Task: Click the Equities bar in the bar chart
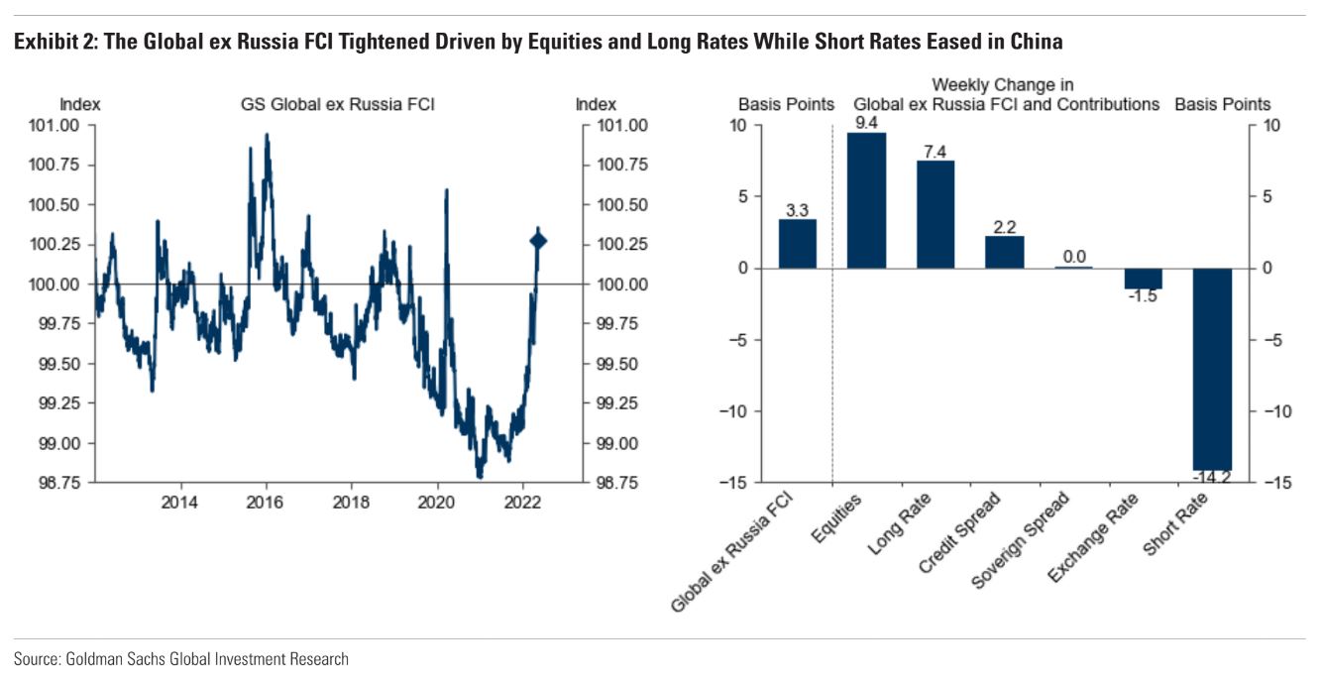866,200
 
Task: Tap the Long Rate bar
936,214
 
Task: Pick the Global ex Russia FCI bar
798,244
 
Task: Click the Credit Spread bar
1004,253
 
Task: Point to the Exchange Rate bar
1143,279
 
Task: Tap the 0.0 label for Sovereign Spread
1074,257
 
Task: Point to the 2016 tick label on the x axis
266,503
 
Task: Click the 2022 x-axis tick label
522,503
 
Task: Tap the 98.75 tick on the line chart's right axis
619,483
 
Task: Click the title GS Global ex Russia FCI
338,104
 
